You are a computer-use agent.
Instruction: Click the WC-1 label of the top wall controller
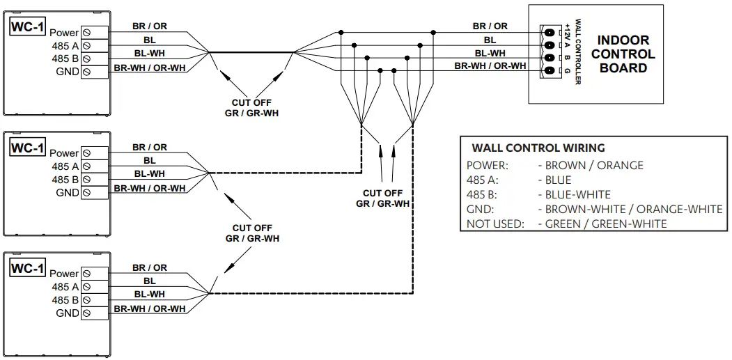pos(28,28)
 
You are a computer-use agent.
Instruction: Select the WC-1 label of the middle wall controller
pos(28,148)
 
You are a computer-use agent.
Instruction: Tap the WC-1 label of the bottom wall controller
pos(28,268)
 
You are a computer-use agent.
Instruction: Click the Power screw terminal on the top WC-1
pos(86,33)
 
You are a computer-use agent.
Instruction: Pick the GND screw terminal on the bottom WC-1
pos(86,313)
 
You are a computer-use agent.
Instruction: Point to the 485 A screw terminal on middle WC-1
pos(86,166)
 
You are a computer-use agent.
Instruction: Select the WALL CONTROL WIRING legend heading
pos(538,148)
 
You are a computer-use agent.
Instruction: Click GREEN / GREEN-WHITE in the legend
pos(605,224)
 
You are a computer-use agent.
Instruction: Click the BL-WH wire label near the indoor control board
pos(490,53)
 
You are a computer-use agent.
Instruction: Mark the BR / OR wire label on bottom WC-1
pos(150,267)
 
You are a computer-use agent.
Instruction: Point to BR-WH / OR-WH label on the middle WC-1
pos(150,188)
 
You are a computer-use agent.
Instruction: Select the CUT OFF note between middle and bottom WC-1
pos(252,233)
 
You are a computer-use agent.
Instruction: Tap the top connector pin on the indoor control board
pos(550,33)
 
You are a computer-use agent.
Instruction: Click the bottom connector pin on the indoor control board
pos(550,71)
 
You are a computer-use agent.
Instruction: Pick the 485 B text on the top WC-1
pos(65,59)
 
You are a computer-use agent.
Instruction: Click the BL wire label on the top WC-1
pos(150,40)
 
